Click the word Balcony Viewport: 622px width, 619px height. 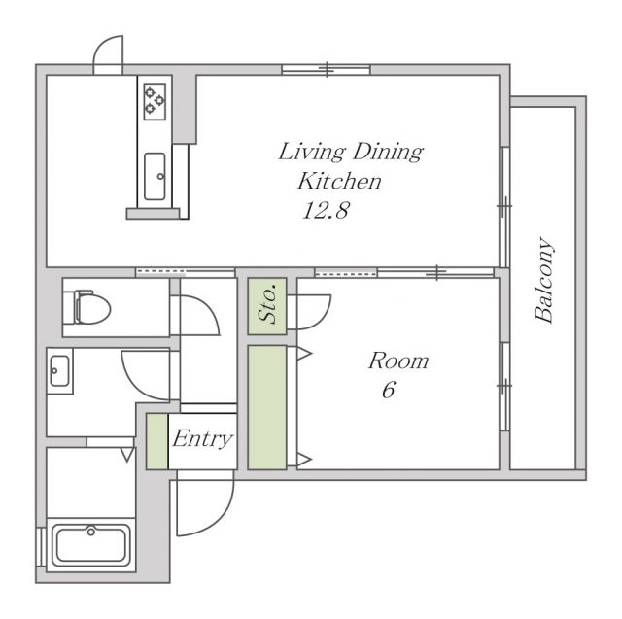[x=544, y=280]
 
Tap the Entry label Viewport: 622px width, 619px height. [x=202, y=439]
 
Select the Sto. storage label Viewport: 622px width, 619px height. [x=267, y=303]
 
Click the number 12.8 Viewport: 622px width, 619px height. [x=326, y=210]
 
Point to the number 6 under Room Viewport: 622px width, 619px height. [x=389, y=390]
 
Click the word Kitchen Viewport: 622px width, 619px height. [x=339, y=181]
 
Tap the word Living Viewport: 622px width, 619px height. [x=311, y=152]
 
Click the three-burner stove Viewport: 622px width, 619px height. [x=155, y=101]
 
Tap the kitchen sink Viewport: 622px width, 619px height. [x=155, y=177]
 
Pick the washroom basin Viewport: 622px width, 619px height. [x=59, y=371]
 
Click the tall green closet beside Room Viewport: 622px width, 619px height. [x=267, y=407]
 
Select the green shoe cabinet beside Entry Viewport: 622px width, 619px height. [x=157, y=441]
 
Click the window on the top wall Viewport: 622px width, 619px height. [x=327, y=70]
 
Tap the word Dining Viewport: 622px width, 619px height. [x=388, y=152]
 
